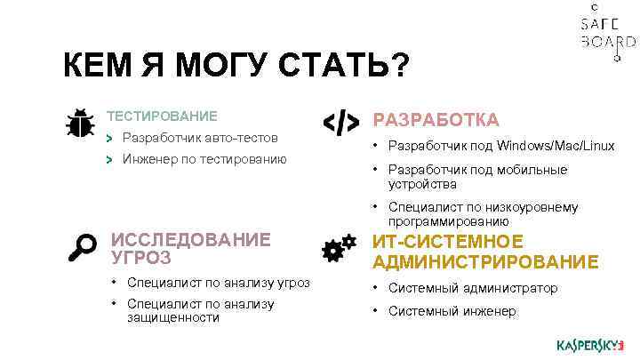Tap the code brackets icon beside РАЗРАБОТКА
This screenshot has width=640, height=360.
pyautogui.click(x=340, y=124)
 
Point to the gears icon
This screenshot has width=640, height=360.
pyautogui.click(x=334, y=250)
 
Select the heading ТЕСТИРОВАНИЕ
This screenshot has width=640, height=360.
pyautogui.click(x=162, y=116)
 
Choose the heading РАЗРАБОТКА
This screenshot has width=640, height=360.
pyautogui.click(x=436, y=120)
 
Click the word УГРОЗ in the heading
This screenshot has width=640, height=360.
pyautogui.click(x=141, y=258)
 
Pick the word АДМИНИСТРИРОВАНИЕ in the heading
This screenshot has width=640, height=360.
pyautogui.click(x=485, y=261)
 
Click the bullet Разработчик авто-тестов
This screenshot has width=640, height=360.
pyautogui.click(x=200, y=138)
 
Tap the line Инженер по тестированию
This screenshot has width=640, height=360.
pyautogui.click(x=204, y=159)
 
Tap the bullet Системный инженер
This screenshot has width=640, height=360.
pyautogui.click(x=452, y=311)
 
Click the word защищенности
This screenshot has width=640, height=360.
pyautogui.click(x=173, y=317)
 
